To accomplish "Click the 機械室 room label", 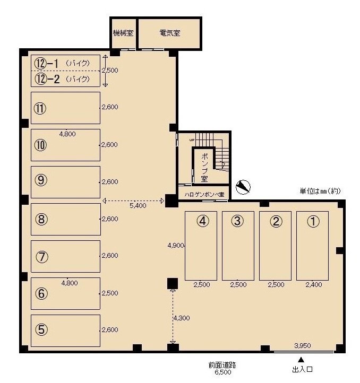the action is tap(123, 33).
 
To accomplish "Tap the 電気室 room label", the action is tap(170, 33).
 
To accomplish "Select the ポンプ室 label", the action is tap(204, 168).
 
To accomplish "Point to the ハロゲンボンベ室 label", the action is tap(204, 195).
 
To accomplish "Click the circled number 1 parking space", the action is tap(312, 246).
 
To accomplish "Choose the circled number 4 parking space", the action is tap(201, 246).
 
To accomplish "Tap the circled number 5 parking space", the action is tap(65, 330).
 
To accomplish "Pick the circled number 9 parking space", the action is tap(65, 182).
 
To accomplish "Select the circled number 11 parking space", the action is tap(65, 108).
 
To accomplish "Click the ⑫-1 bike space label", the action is tap(62, 64).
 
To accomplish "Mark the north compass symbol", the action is tap(243, 187).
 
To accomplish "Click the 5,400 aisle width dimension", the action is tap(138, 206).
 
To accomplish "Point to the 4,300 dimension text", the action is tap(182, 318).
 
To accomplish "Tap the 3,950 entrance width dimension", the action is tap(303, 346).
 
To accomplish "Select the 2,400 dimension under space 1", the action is tap(314, 284).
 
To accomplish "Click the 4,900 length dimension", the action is tap(176, 246).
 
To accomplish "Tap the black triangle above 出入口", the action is tap(301, 360).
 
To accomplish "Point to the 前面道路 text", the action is tap(222, 365).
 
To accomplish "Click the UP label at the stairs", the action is tap(192, 140).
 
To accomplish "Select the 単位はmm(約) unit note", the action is tap(320, 191).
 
